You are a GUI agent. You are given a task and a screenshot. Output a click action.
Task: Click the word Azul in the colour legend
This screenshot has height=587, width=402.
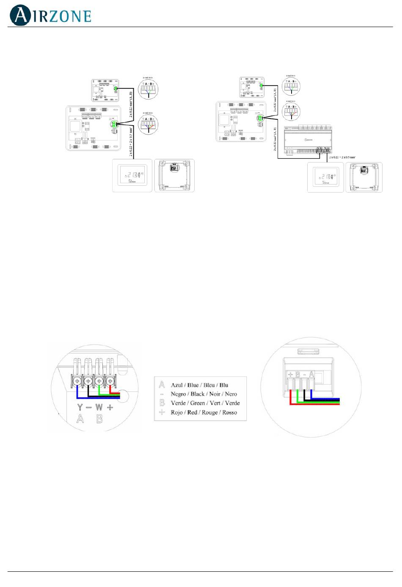coord(176,385)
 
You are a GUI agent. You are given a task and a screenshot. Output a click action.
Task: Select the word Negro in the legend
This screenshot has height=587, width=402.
coord(178,394)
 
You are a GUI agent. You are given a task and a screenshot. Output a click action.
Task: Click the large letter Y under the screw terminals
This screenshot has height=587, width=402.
coord(80,408)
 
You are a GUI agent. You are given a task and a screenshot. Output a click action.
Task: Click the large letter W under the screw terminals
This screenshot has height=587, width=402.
coord(99,408)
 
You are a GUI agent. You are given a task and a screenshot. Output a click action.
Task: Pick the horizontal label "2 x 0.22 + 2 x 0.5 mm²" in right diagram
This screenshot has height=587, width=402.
coord(342,157)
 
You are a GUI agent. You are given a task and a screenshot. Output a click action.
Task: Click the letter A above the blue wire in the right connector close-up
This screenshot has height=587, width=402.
coord(312,374)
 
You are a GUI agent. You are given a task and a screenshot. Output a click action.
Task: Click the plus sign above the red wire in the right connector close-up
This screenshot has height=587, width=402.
coord(290,375)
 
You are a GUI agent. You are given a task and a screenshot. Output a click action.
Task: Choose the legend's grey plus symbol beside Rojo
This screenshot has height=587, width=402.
coord(162,413)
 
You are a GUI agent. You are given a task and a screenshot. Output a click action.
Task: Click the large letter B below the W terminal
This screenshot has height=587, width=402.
coord(99,419)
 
